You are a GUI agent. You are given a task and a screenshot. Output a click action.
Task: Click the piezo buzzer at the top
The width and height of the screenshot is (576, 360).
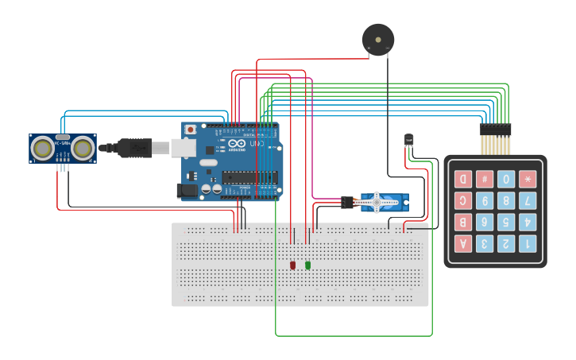tap(377, 38)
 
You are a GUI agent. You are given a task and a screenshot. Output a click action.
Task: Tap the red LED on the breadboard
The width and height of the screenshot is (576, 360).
tap(292, 265)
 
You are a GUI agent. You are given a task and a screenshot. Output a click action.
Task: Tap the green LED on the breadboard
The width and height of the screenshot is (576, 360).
tap(307, 265)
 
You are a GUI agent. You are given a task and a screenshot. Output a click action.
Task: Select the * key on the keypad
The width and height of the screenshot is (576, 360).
tap(528, 179)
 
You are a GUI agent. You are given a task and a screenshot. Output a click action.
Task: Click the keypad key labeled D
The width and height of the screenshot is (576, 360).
tap(462, 179)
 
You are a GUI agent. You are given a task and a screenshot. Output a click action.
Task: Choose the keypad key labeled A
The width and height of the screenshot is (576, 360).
tap(462, 243)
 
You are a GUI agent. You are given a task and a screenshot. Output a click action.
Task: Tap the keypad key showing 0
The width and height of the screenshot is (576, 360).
tap(506, 179)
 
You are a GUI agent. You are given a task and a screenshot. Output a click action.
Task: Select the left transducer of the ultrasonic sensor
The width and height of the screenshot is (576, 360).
tap(43, 148)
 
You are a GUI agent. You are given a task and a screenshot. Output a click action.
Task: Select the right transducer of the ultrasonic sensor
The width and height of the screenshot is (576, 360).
tap(83, 148)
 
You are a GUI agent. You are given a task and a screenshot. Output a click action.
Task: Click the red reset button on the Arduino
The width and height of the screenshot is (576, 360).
tap(190, 130)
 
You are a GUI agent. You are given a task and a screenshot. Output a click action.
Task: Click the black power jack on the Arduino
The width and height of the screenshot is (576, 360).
tap(187, 190)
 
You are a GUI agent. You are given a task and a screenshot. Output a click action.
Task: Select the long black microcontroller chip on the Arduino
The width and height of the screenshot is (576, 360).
tap(249, 177)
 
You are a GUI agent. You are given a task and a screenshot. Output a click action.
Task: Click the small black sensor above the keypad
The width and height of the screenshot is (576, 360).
tap(408, 140)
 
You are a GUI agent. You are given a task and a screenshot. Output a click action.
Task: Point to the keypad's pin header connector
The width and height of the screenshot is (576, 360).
tap(496, 129)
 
